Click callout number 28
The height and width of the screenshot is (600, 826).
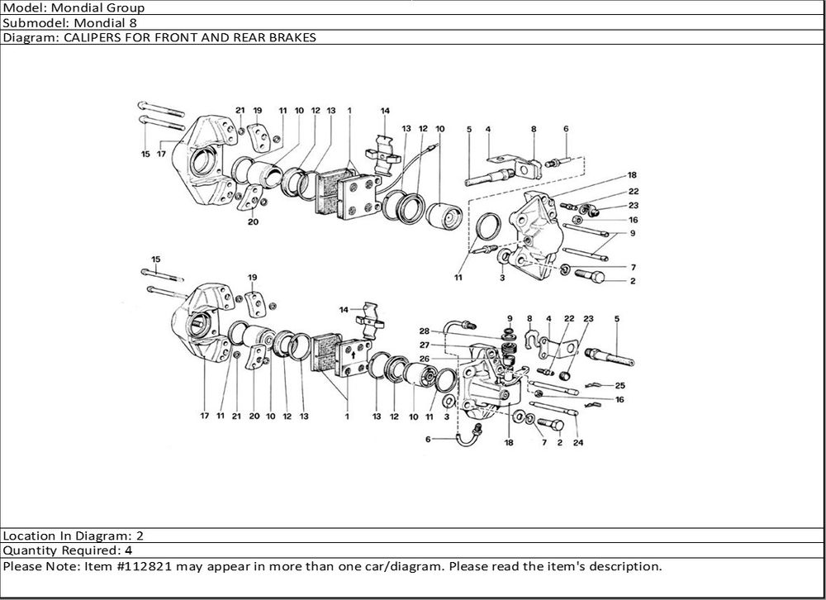(424, 331)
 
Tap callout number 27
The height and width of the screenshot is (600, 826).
(424, 345)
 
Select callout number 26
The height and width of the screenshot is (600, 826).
(424, 359)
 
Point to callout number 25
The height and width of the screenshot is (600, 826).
(620, 386)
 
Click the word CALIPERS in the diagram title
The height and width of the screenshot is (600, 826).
(83, 37)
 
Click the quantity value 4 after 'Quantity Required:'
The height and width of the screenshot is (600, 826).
(128, 550)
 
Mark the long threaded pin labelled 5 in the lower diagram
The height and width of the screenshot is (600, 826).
(610, 358)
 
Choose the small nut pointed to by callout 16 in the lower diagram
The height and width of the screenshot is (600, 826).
(538, 394)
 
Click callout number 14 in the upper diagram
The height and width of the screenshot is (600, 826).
(385, 111)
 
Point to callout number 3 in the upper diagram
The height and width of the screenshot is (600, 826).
(501, 280)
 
